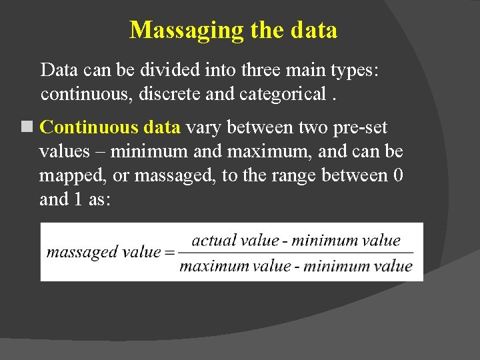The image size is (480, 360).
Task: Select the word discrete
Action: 171,95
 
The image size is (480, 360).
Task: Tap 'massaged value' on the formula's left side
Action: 103,252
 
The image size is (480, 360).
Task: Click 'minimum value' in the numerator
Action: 346,241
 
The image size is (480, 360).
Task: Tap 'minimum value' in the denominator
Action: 357,266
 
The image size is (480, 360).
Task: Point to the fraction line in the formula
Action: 296,253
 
